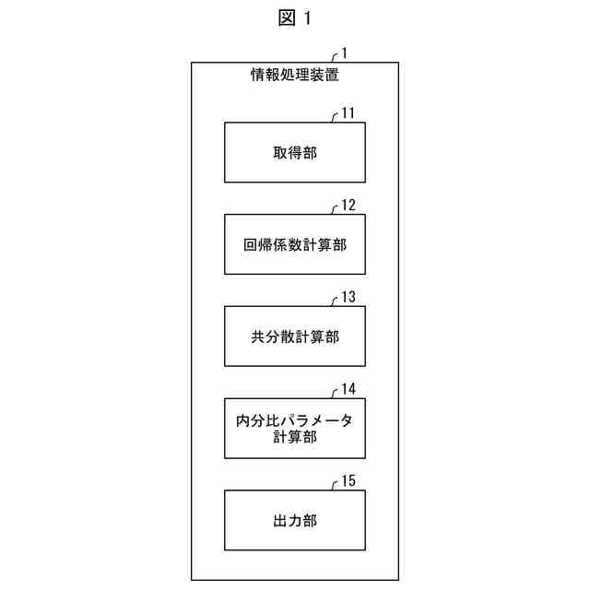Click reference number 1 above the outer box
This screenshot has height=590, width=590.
click(x=345, y=53)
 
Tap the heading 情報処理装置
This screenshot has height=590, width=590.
click(x=295, y=76)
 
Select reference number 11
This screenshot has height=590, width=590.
click(x=348, y=113)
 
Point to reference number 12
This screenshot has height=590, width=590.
click(x=348, y=206)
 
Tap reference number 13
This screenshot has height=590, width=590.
click(x=348, y=298)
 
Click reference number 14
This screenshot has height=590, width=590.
click(x=348, y=390)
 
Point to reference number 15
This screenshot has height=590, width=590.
click(x=348, y=481)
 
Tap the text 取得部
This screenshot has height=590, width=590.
click(x=295, y=152)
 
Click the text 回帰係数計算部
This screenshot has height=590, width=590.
click(x=295, y=244)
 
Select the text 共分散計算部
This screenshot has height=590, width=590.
click(x=295, y=336)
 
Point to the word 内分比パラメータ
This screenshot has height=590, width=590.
click(x=295, y=419)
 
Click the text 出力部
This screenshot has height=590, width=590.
click(x=295, y=521)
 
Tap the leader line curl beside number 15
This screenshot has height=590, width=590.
click(x=334, y=485)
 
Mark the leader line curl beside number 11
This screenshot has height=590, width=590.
click(x=334, y=117)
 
